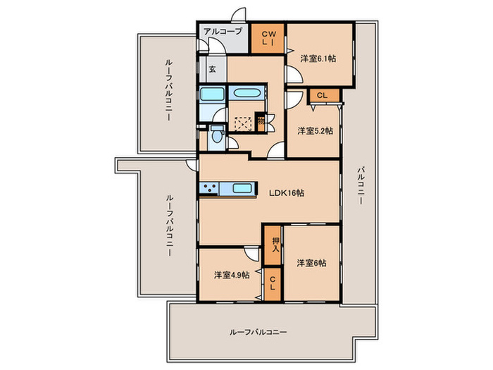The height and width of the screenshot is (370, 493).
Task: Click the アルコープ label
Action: (223, 32)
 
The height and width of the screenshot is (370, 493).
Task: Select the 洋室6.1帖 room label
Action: (318, 58)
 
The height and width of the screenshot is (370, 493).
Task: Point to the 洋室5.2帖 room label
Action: (314, 130)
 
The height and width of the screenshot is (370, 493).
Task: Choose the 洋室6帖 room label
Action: (311, 263)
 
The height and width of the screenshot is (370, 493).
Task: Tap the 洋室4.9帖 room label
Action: (232, 275)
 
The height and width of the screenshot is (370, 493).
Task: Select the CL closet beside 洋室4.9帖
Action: (272, 285)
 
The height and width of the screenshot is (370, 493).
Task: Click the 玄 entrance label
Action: (213, 70)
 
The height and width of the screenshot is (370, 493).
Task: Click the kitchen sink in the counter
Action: (242, 187)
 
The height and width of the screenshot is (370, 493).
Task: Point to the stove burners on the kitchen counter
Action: (210, 187)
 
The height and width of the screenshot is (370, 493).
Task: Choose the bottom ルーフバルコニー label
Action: (256, 331)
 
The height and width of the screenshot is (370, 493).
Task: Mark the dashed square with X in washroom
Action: (243, 122)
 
